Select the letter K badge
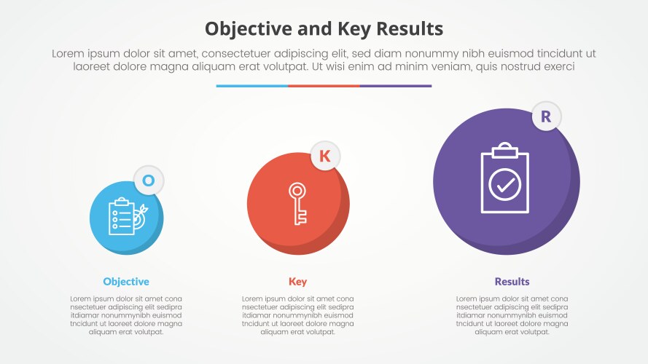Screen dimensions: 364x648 [325, 155]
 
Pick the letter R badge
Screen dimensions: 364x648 [546, 116]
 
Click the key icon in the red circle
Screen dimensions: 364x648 [297, 204]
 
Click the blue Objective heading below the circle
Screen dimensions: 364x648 [126, 282]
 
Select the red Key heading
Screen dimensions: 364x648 [297, 282]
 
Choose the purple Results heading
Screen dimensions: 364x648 [512, 282]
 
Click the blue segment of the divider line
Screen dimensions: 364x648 [251, 86]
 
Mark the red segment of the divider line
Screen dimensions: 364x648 [324, 86]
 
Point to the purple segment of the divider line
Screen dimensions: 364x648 [396, 86]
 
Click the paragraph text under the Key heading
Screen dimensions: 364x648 [297, 315]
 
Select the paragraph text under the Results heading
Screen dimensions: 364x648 [512, 315]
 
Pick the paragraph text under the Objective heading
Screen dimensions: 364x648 [126, 315]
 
